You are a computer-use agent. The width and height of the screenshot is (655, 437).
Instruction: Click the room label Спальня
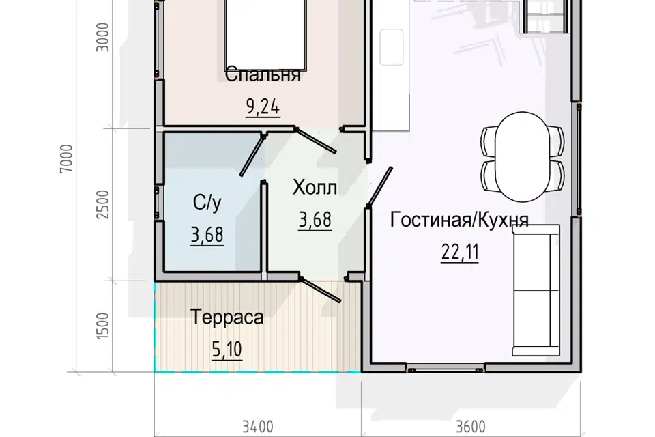click(262, 74)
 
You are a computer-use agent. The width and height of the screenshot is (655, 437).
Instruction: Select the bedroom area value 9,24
click(262, 107)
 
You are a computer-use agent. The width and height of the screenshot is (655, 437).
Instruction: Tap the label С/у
click(207, 203)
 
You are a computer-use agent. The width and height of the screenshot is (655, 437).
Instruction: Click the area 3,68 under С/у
click(207, 236)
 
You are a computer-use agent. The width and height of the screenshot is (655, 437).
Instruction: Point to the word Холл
click(315, 187)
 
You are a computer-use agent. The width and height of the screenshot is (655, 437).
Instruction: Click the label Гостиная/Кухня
click(460, 220)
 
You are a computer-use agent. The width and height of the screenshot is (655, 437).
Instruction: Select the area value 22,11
click(460, 253)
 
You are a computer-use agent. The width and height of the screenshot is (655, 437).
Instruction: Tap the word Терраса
click(227, 318)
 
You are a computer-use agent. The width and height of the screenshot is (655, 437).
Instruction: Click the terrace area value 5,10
click(227, 350)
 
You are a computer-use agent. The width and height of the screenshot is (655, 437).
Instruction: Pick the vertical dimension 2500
click(103, 203)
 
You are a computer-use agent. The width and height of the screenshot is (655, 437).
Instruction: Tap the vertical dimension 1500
click(103, 326)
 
